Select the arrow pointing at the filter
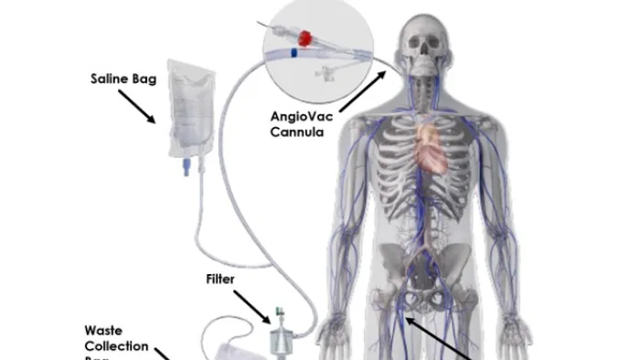pyautogui.click(x=252, y=304)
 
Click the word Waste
pyautogui.click(x=102, y=330)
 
